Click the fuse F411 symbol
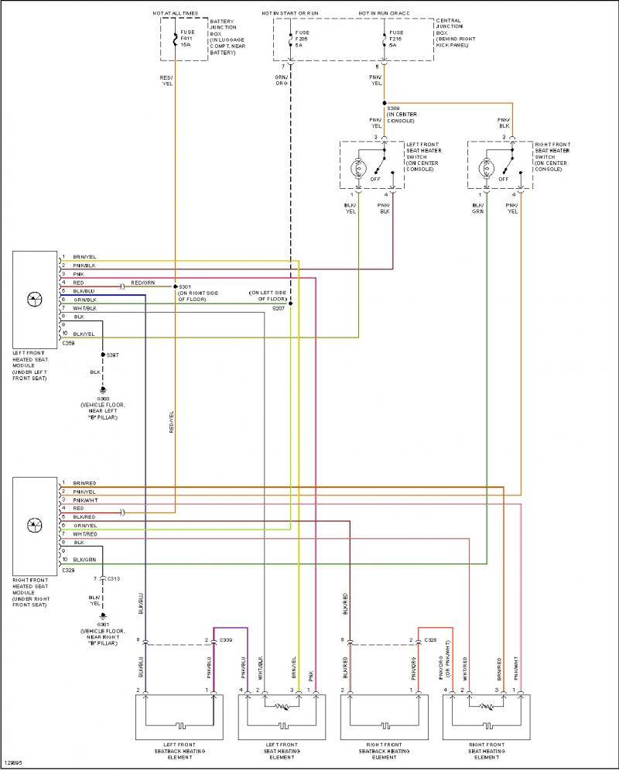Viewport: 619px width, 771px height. pyautogui.click(x=175, y=38)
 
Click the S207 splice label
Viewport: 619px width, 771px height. pyautogui.click(x=279, y=308)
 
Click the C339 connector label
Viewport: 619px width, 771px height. pyautogui.click(x=226, y=639)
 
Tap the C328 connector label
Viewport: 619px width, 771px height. pyautogui.click(x=431, y=639)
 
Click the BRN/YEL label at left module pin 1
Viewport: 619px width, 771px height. pyautogui.click(x=84, y=256)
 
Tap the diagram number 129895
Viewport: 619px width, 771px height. pyautogui.click(x=13, y=762)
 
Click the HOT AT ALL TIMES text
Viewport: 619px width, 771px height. pyautogui.click(x=175, y=14)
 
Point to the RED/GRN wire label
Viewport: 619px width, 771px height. pyautogui.click(x=142, y=283)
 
